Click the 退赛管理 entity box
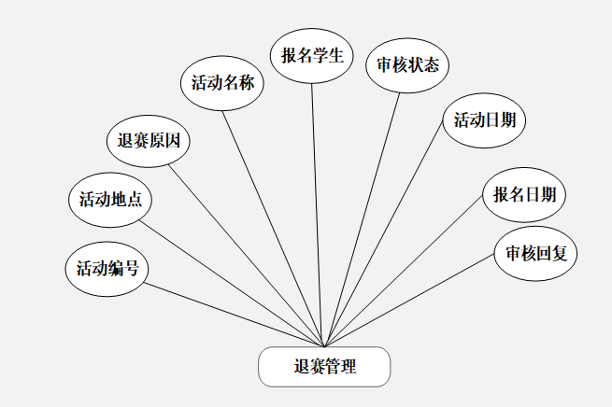click(x=323, y=367)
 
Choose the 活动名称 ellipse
click(x=222, y=83)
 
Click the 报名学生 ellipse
click(x=312, y=55)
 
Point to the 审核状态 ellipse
click(x=406, y=65)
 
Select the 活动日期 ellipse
click(x=484, y=119)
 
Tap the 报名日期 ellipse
click(x=524, y=194)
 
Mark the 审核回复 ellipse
click(x=536, y=253)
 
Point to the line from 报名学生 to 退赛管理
click(x=318, y=215)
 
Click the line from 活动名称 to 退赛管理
click(x=273, y=229)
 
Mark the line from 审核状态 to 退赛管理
click(x=361, y=219)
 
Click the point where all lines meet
click(x=323, y=346)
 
